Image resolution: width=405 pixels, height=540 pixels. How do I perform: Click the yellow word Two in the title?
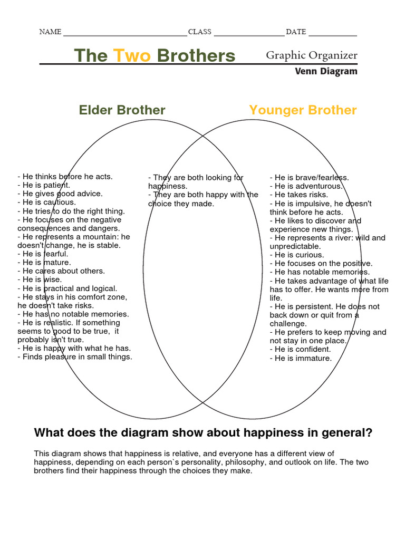pyautogui.click(x=132, y=56)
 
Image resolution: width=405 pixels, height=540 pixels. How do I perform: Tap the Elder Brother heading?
pyautogui.click(x=122, y=110)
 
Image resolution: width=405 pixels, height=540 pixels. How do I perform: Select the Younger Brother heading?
pyautogui.click(x=303, y=110)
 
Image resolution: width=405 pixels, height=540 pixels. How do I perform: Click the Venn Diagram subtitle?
pyautogui.click(x=326, y=72)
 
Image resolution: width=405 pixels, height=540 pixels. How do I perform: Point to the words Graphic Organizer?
pyautogui.click(x=311, y=55)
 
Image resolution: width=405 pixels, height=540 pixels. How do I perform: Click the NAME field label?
pyautogui.click(x=50, y=32)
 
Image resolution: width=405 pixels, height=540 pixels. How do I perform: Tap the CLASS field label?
pyautogui.click(x=199, y=32)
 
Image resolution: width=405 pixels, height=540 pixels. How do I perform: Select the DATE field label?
pyautogui.click(x=295, y=32)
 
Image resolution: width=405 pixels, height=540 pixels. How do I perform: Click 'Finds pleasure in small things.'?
pyautogui.click(x=75, y=357)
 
